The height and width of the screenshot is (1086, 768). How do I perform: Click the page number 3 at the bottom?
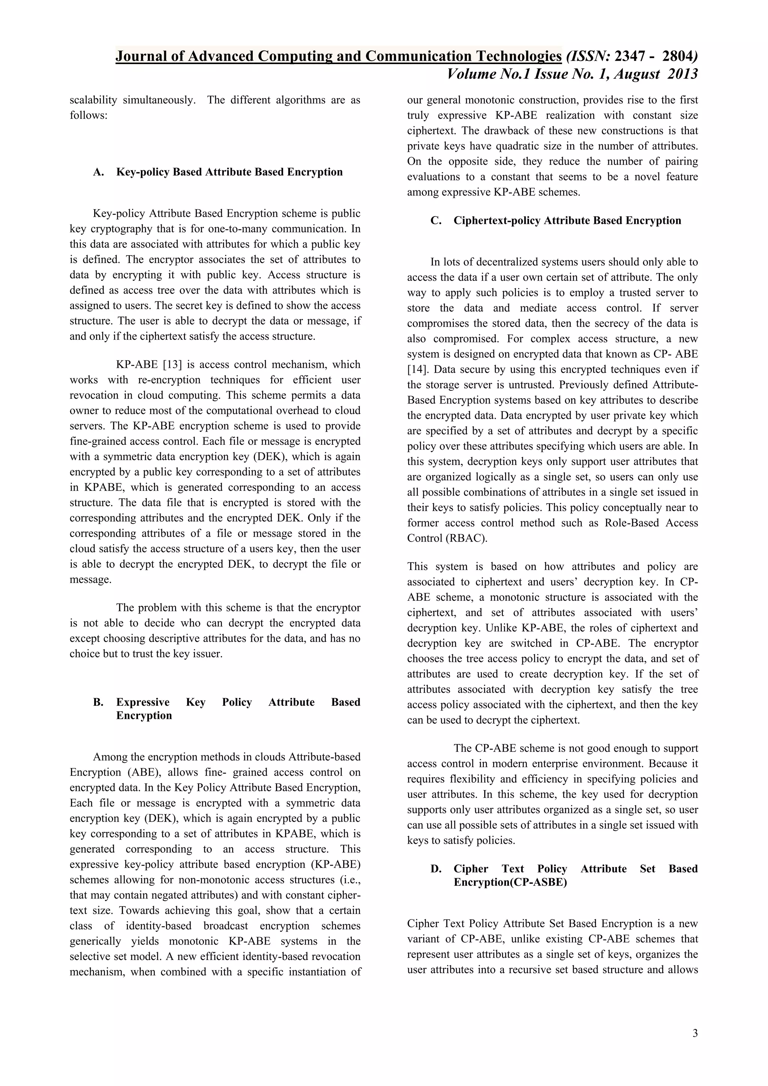(x=695, y=1033)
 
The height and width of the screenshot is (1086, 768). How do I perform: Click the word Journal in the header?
(x=138, y=57)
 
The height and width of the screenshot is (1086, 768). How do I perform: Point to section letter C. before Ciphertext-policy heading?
(x=436, y=221)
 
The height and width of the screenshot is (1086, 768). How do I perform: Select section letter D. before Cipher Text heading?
(x=436, y=869)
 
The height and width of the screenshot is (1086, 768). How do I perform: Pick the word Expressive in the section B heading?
(x=143, y=702)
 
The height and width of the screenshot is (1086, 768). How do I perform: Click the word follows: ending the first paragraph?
(x=88, y=115)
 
